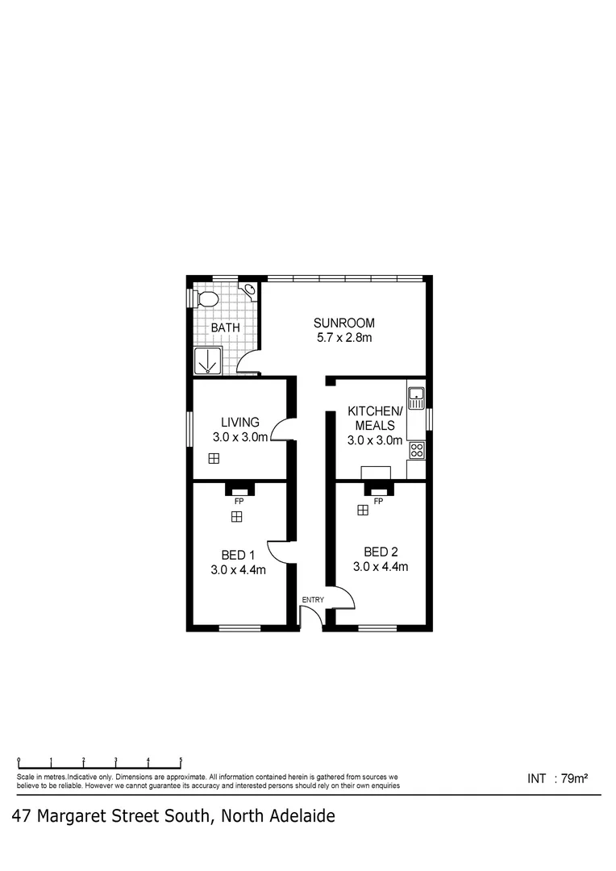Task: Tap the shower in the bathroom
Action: [208, 361]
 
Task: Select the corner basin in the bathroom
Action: [250, 289]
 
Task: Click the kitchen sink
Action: [416, 395]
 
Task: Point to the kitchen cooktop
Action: [416, 450]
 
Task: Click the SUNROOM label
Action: [344, 323]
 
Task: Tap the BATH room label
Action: [225, 327]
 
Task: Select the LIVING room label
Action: [240, 422]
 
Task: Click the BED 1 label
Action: [238, 554]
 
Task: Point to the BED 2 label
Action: [381, 552]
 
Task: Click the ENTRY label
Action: [312, 599]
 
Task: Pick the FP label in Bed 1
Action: [238, 501]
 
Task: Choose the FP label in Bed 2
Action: [378, 501]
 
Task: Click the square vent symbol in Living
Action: [214, 459]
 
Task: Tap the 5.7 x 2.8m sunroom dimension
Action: [344, 337]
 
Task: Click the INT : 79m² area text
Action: [557, 778]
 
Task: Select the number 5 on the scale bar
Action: [181, 760]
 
